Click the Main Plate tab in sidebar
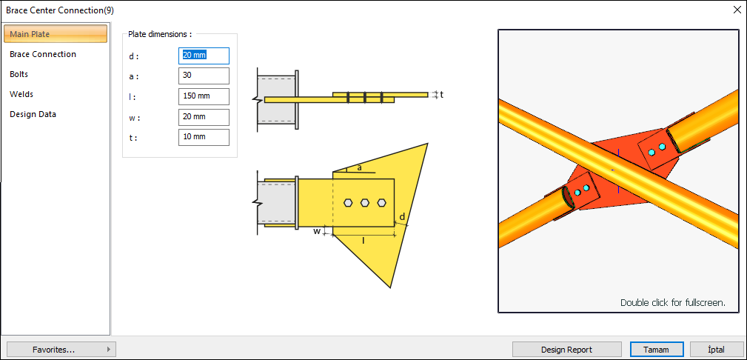pos(56,34)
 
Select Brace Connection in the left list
pos(43,54)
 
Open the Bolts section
pos(19,74)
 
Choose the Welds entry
pos(21,94)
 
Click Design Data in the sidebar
pos(33,114)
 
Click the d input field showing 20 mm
pos(204,56)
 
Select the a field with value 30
pos(204,76)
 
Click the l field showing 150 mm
pos(204,96)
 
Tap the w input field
pos(204,117)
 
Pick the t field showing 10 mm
pos(204,137)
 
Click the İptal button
pos(716,350)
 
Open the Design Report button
pos(566,350)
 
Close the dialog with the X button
pos(737,10)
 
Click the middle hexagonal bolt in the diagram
pos(365,201)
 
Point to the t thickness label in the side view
pos(441,95)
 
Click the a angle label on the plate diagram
pos(360,167)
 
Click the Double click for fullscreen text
pos(672,302)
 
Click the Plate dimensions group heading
pos(160,34)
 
